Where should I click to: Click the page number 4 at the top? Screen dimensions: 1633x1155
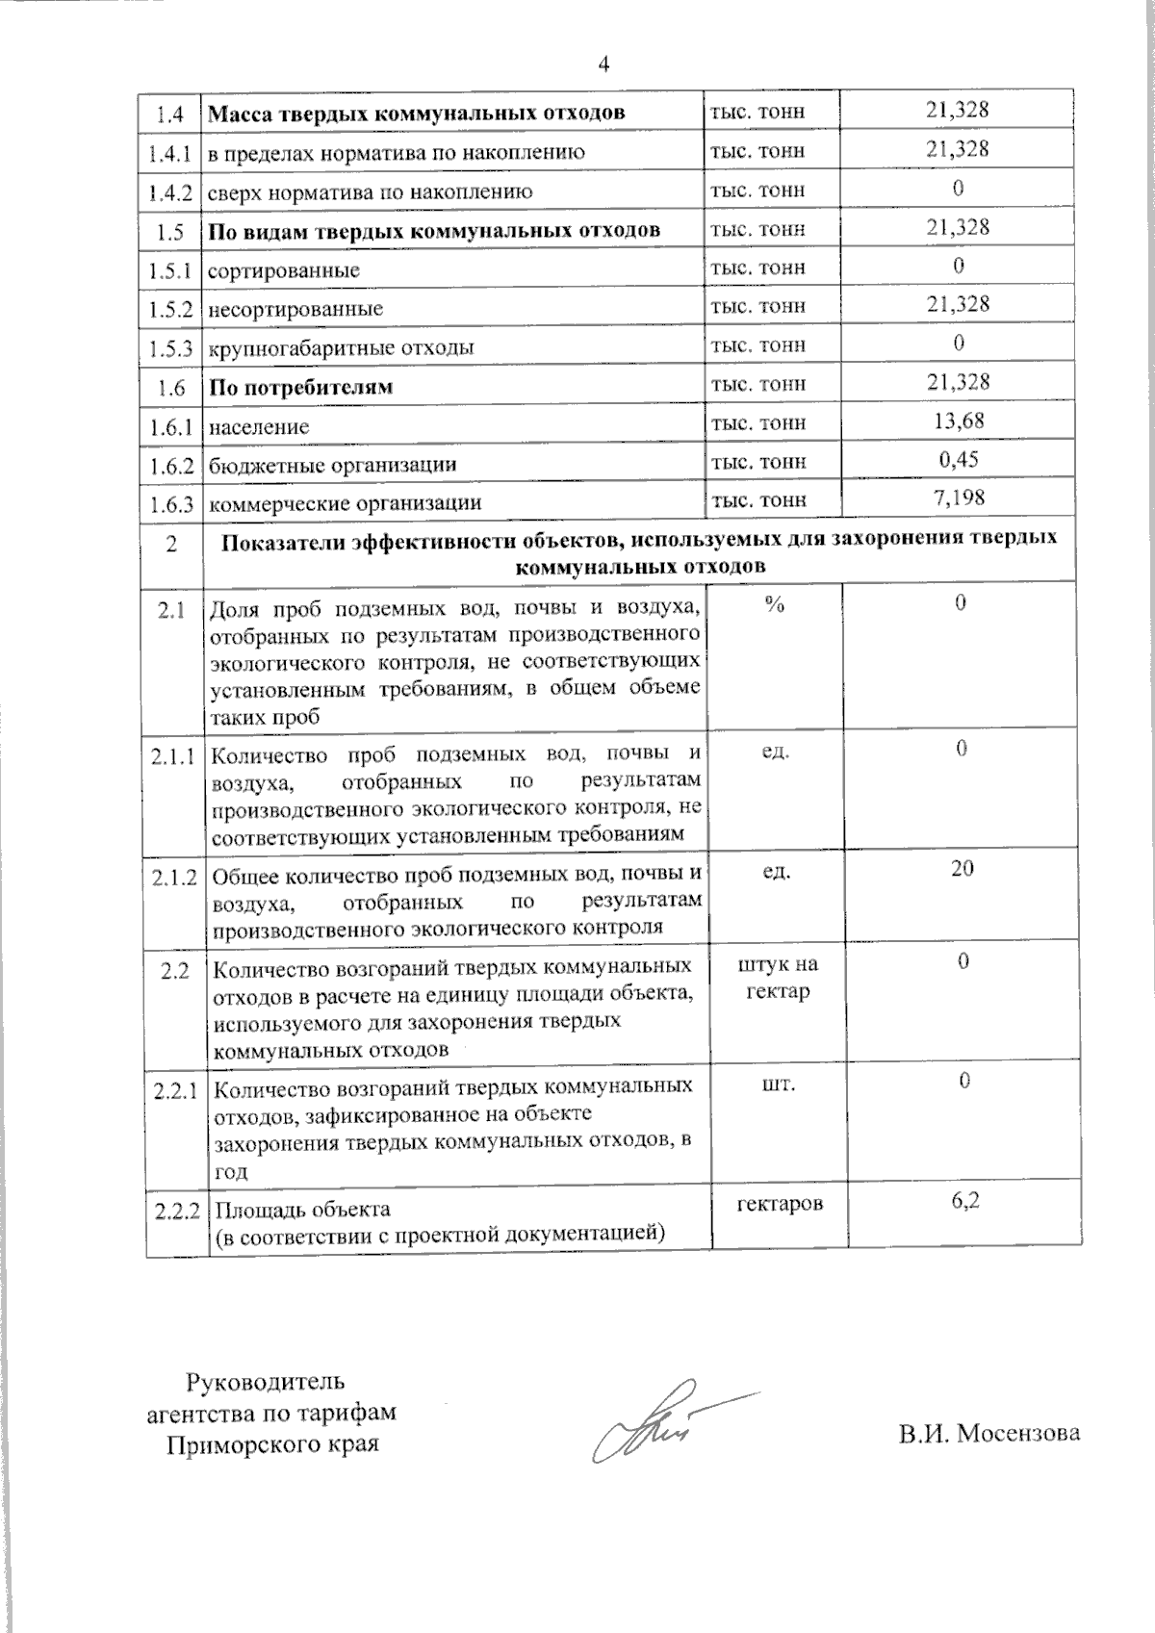[603, 64]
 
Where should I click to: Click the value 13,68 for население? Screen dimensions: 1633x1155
[959, 421]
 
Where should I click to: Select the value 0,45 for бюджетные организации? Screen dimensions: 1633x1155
[959, 459]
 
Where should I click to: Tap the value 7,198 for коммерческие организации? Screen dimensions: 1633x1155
[959, 498]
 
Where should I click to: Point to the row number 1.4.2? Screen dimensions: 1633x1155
[171, 191]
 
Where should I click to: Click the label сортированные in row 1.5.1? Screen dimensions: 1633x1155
[284, 270]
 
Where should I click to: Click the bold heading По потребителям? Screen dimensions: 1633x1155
[301, 388]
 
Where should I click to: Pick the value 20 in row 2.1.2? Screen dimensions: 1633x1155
[962, 868]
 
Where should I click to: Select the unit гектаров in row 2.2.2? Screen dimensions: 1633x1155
[780, 1203]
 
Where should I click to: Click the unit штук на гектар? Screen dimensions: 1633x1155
[778, 978]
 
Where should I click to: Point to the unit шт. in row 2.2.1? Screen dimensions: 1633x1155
[778, 1084]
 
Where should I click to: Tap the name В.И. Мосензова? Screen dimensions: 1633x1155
[989, 1433]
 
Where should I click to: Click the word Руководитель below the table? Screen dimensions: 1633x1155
[264, 1383]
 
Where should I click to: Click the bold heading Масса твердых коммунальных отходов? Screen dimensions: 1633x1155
[417, 113]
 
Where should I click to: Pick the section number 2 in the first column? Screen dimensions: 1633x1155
[171, 545]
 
